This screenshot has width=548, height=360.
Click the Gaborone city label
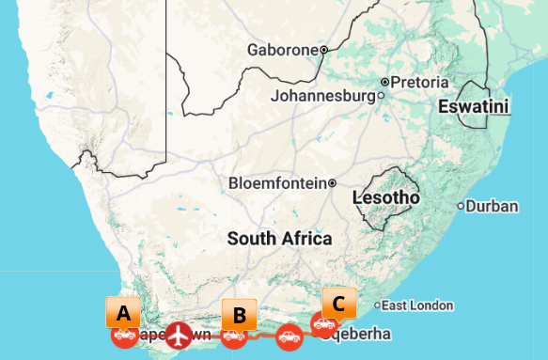(x=282, y=50)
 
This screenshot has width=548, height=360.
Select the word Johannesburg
(x=322, y=96)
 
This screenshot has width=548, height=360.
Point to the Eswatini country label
(x=474, y=107)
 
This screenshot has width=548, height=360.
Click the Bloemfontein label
(x=277, y=182)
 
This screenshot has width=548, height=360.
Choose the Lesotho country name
(x=385, y=198)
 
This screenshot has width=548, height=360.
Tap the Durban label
(x=492, y=205)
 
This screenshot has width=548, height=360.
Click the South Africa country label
(x=279, y=239)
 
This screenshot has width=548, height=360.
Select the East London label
(x=417, y=305)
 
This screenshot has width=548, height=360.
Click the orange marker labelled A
(x=123, y=311)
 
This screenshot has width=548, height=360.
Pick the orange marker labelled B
(x=239, y=314)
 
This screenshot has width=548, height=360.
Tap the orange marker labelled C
(x=339, y=303)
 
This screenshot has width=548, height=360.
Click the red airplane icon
(x=178, y=334)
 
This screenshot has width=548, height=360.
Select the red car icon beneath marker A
(x=123, y=335)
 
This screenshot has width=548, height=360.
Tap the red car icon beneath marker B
(x=234, y=335)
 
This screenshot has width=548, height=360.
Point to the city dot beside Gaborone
(x=323, y=50)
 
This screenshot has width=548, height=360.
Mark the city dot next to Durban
(x=461, y=206)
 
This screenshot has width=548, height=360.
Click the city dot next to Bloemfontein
(x=333, y=182)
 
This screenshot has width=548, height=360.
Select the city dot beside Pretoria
(x=384, y=82)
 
